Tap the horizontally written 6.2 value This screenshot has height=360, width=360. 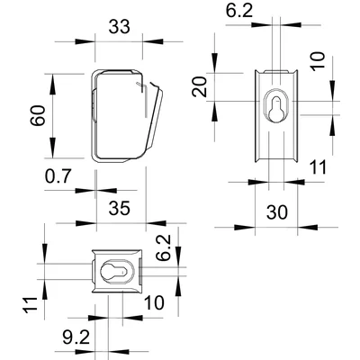238,11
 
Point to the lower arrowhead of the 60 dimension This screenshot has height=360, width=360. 51,159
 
